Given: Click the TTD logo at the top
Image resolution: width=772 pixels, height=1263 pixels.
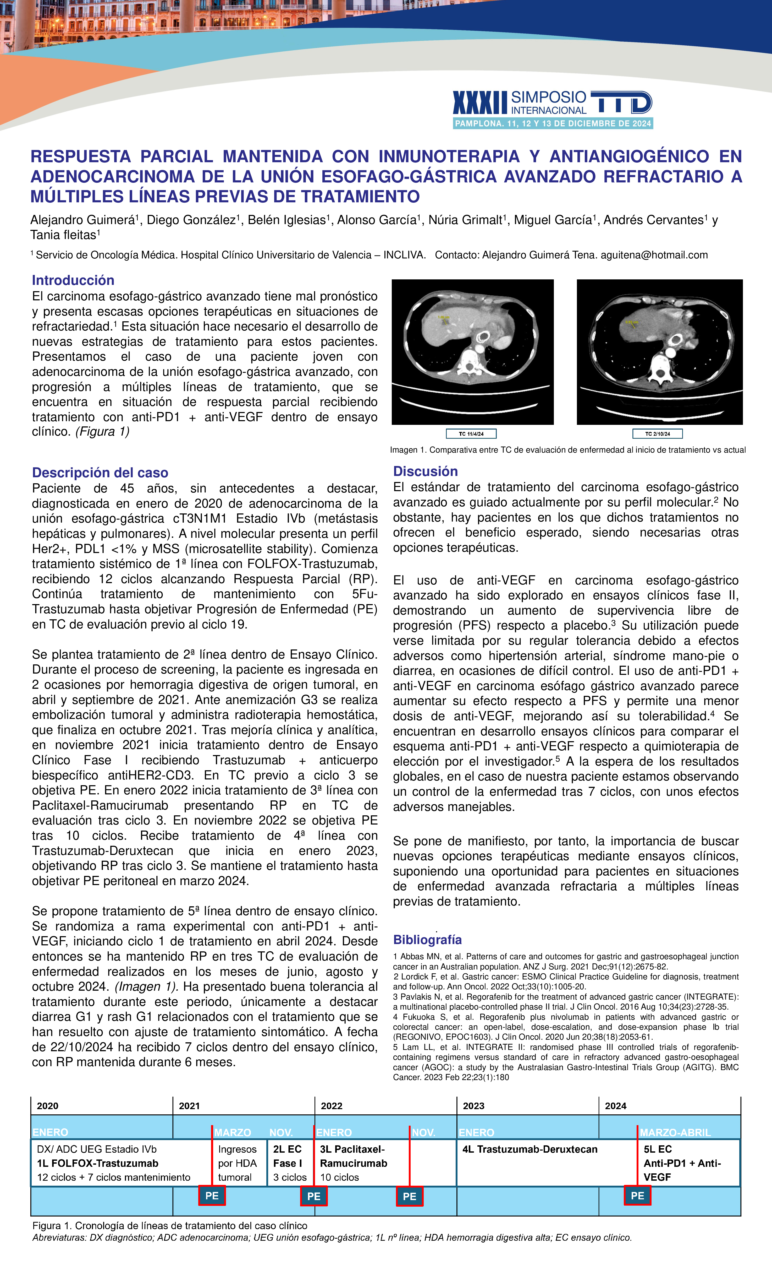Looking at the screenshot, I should tap(621, 102).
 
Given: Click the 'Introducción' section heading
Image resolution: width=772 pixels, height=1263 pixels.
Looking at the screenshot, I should tap(73, 280).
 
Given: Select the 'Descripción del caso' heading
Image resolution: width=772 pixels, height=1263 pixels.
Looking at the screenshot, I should tap(100, 473).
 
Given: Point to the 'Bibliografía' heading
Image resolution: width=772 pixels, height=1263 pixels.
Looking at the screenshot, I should tap(427, 940).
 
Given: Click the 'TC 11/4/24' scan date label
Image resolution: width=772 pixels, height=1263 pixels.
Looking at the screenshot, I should tap(471, 434).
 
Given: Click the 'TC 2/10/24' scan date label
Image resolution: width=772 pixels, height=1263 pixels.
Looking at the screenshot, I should tap(658, 434).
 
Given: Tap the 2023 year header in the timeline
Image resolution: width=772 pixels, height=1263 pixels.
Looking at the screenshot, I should tap(473, 1106).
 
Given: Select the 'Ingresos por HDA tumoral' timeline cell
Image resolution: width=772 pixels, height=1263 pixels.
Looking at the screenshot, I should tap(237, 1163).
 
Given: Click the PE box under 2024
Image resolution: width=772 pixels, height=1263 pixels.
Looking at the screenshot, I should tap(637, 1195).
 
